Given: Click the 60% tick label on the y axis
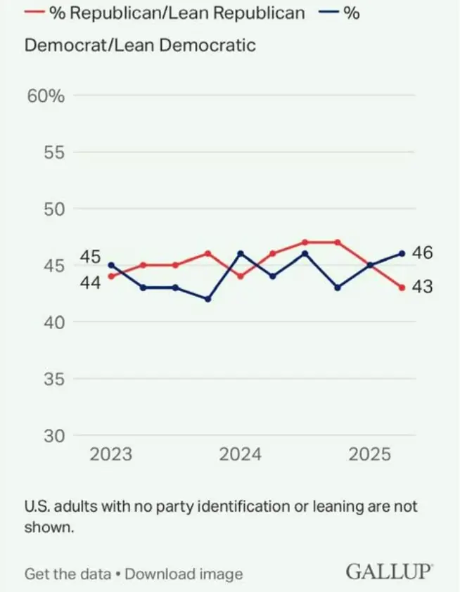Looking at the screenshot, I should click(x=46, y=96).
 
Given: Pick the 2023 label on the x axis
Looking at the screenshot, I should click(x=110, y=454).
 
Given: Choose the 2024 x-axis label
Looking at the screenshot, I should click(x=241, y=454).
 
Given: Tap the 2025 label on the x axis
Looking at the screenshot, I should click(x=370, y=454).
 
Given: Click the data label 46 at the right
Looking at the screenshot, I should click(x=422, y=253).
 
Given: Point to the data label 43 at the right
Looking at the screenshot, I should click(x=422, y=287).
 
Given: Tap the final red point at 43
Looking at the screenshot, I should click(x=402, y=288).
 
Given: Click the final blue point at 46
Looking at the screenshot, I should click(x=402, y=254).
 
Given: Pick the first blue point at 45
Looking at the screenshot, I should click(x=111, y=265).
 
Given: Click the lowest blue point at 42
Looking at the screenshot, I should click(x=208, y=299).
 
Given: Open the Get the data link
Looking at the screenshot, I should click(x=68, y=574).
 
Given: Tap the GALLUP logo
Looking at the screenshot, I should click(x=389, y=572).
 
